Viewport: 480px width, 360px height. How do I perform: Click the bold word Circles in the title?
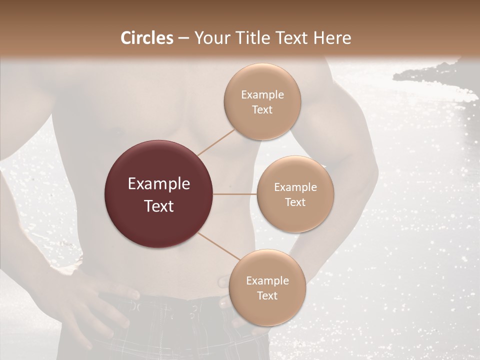click(146, 38)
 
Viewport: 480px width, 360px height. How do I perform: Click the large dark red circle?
click(159, 194)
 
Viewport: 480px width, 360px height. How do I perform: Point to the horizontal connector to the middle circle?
click(235, 194)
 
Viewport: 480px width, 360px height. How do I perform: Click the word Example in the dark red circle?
click(159, 184)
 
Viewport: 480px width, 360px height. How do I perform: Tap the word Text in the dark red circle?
click(159, 206)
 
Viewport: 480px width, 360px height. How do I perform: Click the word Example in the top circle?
click(262, 95)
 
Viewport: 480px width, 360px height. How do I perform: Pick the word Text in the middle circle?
click(295, 202)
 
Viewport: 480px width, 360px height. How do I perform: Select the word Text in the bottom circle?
click(267, 295)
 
